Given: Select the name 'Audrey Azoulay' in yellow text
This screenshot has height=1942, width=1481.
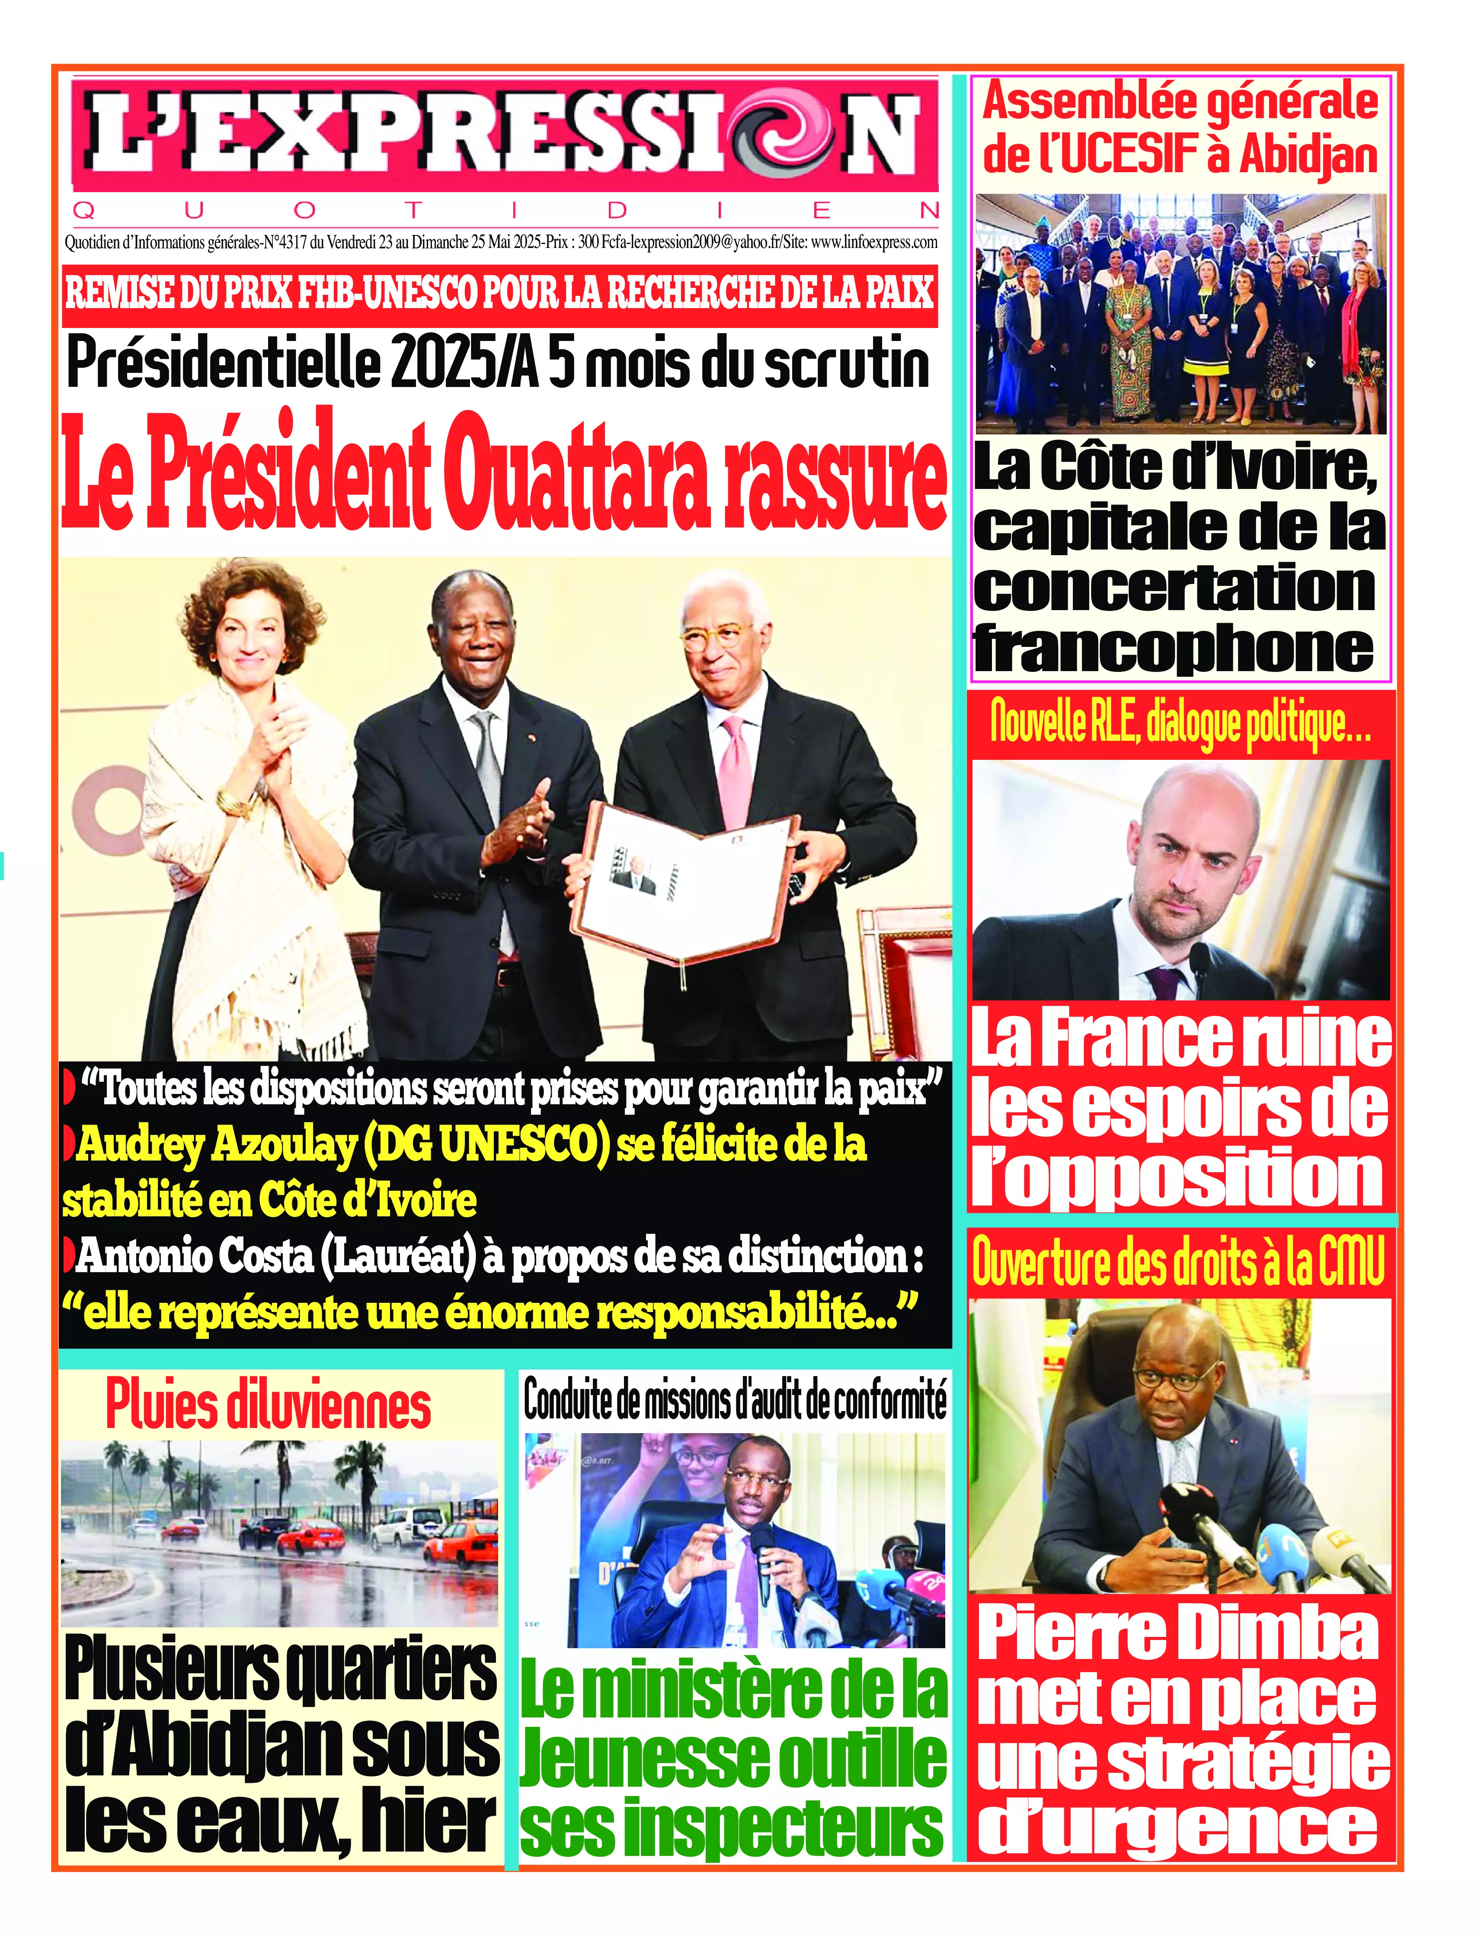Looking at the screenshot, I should (216, 1145).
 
